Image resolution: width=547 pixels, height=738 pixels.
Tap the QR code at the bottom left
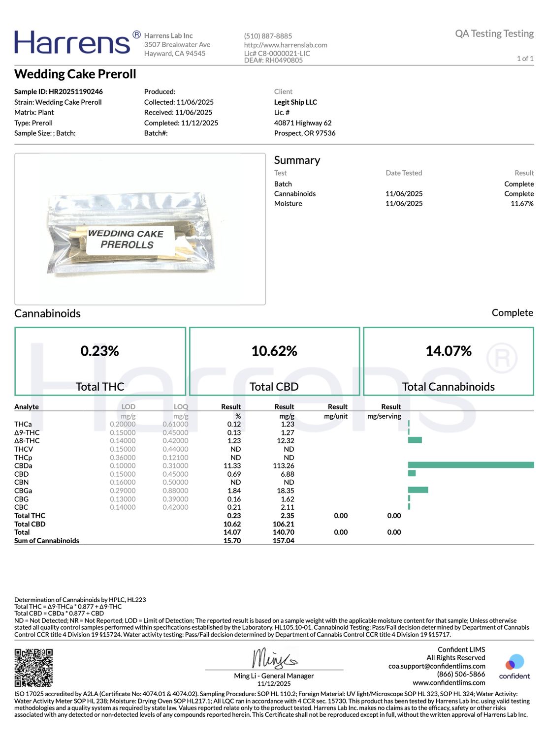click(x=33, y=667)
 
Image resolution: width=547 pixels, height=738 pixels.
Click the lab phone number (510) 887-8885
click(x=268, y=36)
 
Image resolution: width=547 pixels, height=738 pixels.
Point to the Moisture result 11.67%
click(x=521, y=204)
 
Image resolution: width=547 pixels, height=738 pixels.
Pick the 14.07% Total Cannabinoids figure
click(x=448, y=351)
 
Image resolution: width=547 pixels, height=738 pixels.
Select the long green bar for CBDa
click(x=471, y=465)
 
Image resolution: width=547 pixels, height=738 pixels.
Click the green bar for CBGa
click(x=418, y=490)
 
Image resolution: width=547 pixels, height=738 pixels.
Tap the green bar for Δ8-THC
click(x=415, y=440)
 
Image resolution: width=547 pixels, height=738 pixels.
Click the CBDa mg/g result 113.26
click(x=284, y=466)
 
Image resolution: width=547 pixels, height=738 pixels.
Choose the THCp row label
click(x=23, y=458)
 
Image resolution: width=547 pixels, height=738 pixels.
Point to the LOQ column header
click(x=181, y=407)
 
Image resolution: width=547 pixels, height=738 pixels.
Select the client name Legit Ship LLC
click(x=295, y=102)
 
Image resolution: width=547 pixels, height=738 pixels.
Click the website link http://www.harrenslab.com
click(x=286, y=45)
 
